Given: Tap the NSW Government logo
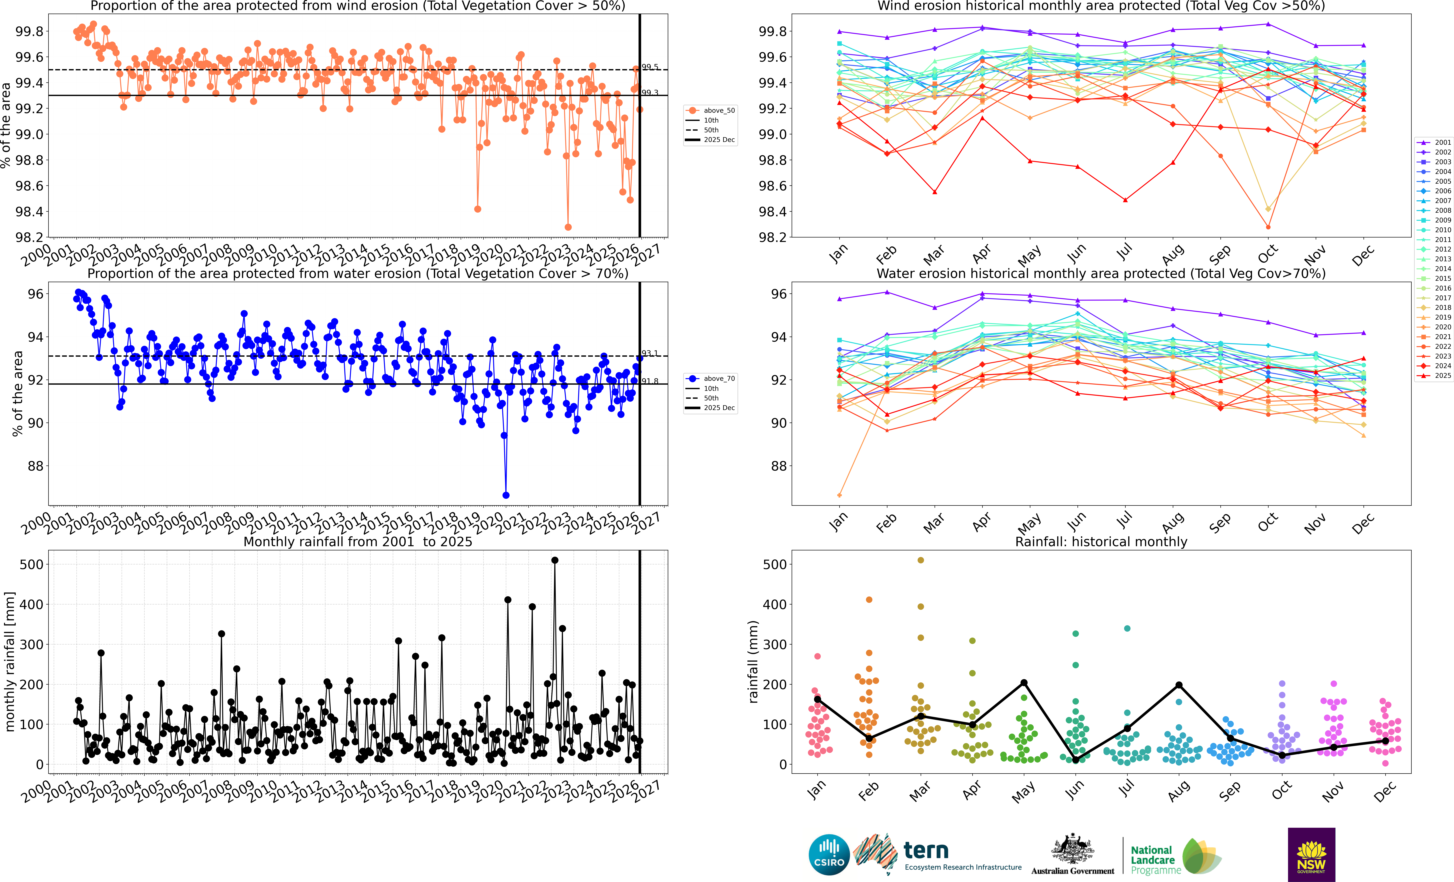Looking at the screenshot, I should tap(1311, 854).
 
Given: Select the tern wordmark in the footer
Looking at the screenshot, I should tap(926, 851).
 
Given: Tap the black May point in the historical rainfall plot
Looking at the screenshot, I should tap(1024, 683).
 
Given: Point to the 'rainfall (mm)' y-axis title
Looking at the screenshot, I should tap(753, 662).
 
